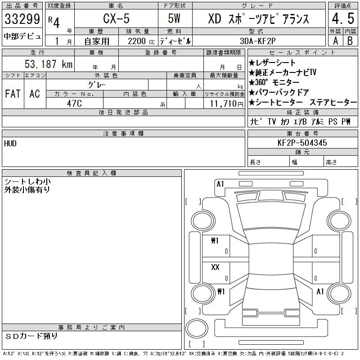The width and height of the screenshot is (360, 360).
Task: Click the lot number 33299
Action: point(22,19)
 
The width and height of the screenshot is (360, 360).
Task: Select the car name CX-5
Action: point(116,18)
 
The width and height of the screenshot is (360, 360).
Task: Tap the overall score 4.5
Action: point(343,18)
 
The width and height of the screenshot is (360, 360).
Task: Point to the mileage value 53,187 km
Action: point(49,64)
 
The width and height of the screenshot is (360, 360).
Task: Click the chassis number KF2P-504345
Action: point(302,143)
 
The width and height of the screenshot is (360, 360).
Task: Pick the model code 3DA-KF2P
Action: point(257,41)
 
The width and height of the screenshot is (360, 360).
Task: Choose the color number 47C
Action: point(74,103)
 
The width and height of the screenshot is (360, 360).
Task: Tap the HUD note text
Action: point(10,144)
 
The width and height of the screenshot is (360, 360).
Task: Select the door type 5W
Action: point(174,18)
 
